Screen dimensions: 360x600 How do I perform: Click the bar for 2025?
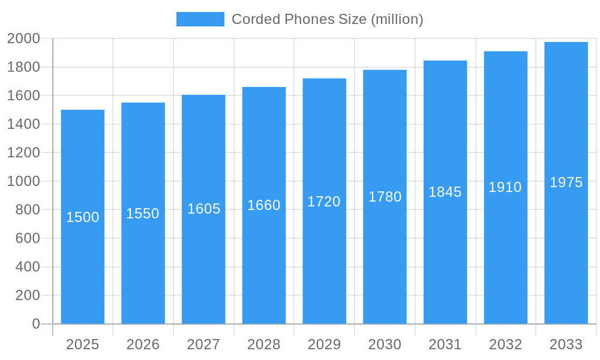coord(83,270)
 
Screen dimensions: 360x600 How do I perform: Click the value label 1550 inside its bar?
coord(143,214)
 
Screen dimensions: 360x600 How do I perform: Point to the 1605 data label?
coord(204,209)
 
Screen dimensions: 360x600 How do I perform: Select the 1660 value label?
coord(264,205)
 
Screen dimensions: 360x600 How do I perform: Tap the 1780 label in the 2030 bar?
coord(385,197)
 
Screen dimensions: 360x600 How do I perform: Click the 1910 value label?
coord(505,187)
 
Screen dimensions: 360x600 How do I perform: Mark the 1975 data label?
coord(566,182)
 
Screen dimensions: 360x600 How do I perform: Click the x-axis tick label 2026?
coord(143,344)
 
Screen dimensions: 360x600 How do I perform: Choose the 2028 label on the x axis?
coord(264,344)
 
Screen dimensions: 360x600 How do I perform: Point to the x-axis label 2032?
coord(505,344)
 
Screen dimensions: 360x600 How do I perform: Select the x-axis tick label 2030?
coord(385,344)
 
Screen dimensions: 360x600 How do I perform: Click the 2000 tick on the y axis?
coord(23,39)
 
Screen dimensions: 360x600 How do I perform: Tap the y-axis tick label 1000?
coord(23,181)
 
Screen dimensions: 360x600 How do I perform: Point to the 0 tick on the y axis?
coord(35,324)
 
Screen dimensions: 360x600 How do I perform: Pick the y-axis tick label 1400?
coord(23,124)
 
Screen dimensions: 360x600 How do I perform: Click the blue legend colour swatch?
coord(200,19)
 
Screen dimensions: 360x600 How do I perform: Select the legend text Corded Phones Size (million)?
coord(328,19)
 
